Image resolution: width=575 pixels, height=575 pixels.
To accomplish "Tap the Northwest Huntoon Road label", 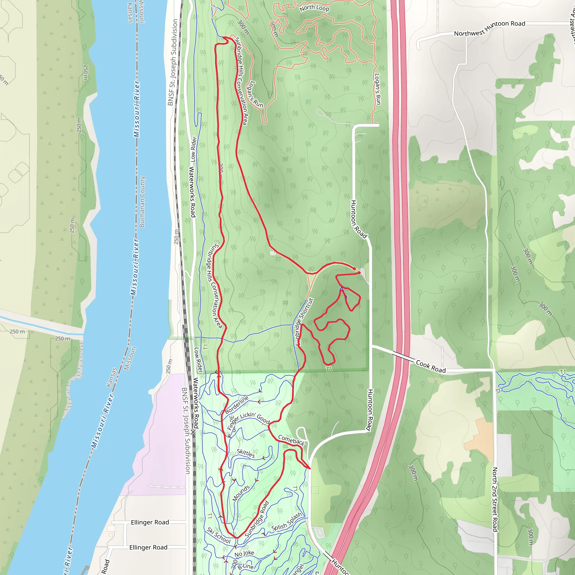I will click(x=489, y=28).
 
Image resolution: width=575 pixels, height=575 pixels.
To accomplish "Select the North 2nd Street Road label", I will click(x=495, y=499).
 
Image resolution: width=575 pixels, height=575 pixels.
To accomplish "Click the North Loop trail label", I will click(x=314, y=8).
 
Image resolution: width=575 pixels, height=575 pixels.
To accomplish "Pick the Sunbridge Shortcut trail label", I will click(x=304, y=322).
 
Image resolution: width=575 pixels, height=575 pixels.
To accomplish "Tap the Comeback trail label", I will click(x=291, y=440).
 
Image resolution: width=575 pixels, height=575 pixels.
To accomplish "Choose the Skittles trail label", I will click(x=246, y=453).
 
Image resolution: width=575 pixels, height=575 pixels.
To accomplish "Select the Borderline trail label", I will click(x=237, y=405).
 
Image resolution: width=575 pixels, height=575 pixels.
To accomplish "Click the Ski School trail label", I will click(x=219, y=535).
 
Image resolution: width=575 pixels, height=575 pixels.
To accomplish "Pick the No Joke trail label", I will click(x=244, y=554).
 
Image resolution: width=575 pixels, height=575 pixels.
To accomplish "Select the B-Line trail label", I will click(x=246, y=566).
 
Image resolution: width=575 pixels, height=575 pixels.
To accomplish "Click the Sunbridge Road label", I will click(x=257, y=519).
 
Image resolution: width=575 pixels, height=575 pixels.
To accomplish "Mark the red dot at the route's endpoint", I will click(x=354, y=269).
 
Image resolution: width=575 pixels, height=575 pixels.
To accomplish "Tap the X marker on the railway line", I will click(x=194, y=432).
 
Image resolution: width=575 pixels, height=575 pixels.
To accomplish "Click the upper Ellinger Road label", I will click(x=150, y=522).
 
